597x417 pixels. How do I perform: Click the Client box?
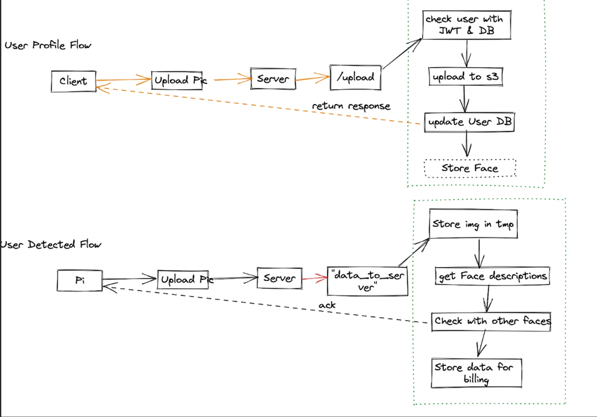tap(73, 81)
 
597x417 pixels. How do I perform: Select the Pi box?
tap(80, 280)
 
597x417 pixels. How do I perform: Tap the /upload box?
tap(355, 78)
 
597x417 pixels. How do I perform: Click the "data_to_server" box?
tap(367, 281)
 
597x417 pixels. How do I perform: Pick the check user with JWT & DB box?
tap(466, 25)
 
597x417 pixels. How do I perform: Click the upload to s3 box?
tap(465, 77)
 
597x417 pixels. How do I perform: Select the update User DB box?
tap(469, 122)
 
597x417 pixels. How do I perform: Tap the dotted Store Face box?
tap(470, 168)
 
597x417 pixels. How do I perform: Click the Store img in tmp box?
tap(473, 224)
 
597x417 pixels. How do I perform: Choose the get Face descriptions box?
tap(492, 276)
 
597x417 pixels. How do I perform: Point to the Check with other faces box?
tap(491, 321)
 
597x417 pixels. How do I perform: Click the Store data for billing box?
tap(476, 373)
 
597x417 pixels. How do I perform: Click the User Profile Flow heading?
tap(48, 45)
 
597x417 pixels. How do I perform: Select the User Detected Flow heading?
tap(51, 245)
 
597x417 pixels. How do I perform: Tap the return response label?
tap(351, 106)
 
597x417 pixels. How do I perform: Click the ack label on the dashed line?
tap(327, 305)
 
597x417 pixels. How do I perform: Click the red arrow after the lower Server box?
tap(315, 278)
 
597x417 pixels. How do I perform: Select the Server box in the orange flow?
tap(273, 79)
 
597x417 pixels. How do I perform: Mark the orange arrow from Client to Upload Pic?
tap(124, 80)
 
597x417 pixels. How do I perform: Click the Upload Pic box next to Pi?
tap(183, 279)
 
